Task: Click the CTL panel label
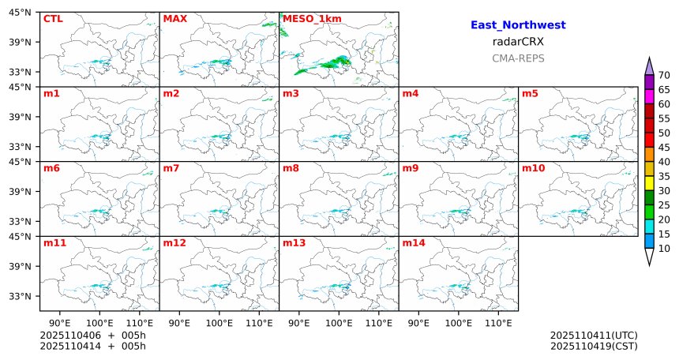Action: (x=52, y=19)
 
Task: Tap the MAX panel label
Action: (x=174, y=19)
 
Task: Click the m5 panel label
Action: (x=530, y=94)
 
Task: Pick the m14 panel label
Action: (x=414, y=243)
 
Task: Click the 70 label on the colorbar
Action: (x=664, y=75)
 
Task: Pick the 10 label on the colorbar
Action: (x=664, y=249)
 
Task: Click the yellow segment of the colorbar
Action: (x=650, y=183)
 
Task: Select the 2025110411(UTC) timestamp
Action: (x=594, y=336)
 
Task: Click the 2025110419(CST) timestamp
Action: (x=594, y=346)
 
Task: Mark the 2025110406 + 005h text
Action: (x=92, y=336)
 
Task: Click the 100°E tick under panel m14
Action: (x=458, y=323)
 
